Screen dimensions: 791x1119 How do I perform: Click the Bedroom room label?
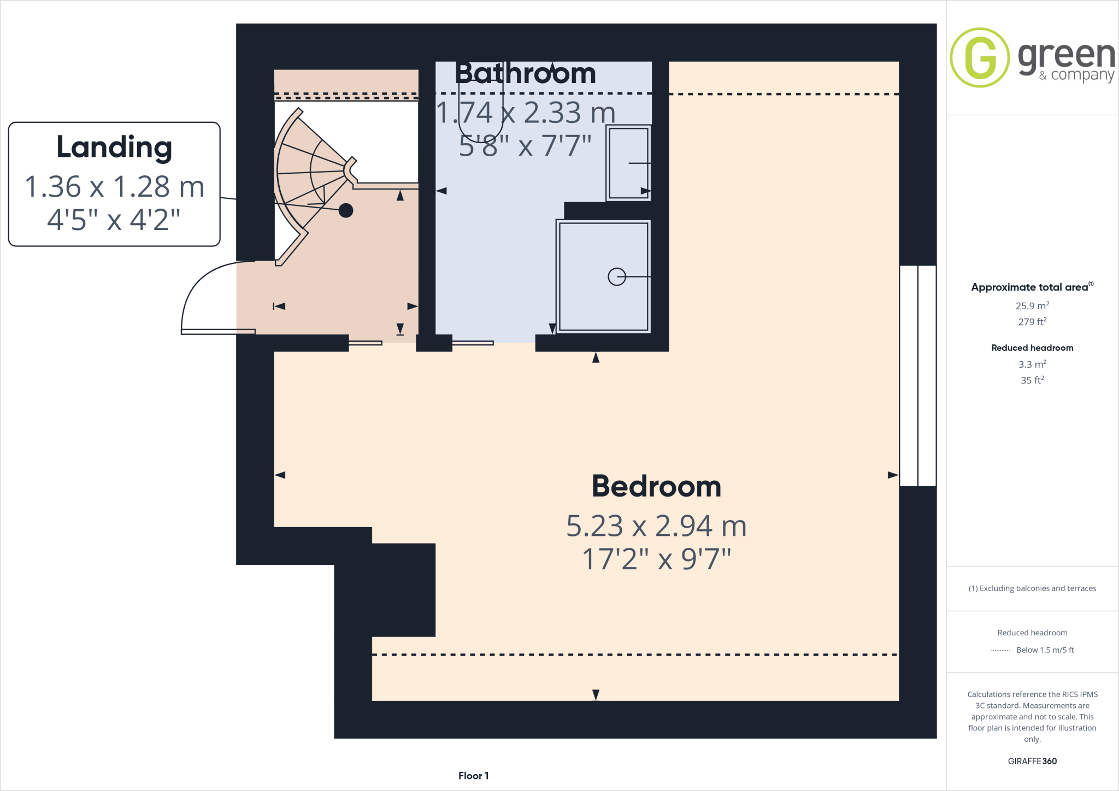tap(656, 486)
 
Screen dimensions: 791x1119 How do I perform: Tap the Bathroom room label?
tap(525, 73)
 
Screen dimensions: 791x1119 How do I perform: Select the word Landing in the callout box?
tap(114, 147)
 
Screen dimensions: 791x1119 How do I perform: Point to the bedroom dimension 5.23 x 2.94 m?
tap(656, 526)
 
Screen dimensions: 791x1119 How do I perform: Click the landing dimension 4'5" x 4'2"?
tap(114, 220)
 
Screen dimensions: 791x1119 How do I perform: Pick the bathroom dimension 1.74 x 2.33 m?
tap(526, 113)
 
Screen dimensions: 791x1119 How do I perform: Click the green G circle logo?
tap(980, 57)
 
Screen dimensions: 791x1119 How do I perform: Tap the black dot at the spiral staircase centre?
tap(346, 210)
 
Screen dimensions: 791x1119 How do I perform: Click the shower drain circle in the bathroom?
tap(616, 277)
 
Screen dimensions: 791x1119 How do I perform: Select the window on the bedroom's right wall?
tap(918, 376)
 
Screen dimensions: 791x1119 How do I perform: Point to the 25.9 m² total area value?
tap(1032, 306)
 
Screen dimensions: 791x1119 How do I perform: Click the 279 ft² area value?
tap(1032, 322)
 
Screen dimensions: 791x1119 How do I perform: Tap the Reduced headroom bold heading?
tap(1032, 348)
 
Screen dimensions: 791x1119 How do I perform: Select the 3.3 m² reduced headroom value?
tap(1032, 364)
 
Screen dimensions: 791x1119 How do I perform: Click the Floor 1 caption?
tap(473, 776)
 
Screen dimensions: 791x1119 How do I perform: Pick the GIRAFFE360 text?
tap(1032, 761)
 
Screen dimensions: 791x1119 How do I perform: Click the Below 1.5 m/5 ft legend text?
tap(1045, 650)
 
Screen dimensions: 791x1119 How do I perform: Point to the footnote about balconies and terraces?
tap(1032, 588)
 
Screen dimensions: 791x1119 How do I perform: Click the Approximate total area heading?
tap(1030, 287)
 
